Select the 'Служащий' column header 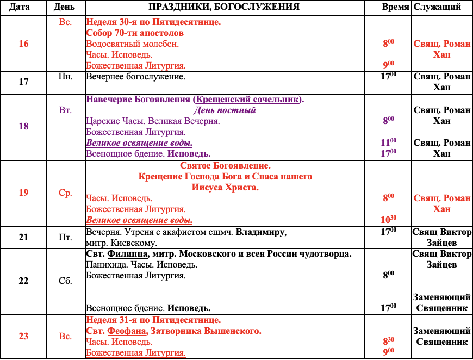click(437, 8)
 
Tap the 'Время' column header click(396, 8)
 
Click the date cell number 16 click(23, 44)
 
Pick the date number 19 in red click(23, 193)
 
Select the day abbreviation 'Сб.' click(65, 281)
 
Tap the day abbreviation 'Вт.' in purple click(65, 110)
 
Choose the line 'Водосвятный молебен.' click(132, 44)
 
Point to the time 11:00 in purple click(389, 142)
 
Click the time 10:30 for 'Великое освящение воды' click(389, 219)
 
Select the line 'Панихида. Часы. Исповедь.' click(141, 265)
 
